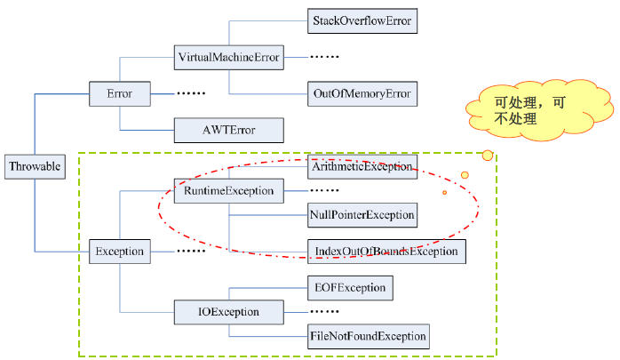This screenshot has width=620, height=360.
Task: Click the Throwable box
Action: [35, 165]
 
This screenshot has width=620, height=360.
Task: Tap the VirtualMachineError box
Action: [229, 59]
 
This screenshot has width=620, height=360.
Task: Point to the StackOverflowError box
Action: [362, 20]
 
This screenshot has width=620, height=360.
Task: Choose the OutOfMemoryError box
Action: [362, 93]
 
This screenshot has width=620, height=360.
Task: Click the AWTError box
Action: [229, 130]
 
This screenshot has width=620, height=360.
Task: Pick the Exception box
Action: [119, 252]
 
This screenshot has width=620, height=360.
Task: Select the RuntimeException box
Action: [229, 190]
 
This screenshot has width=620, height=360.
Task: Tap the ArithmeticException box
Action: [362, 165]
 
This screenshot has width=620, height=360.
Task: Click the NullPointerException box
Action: [362, 215]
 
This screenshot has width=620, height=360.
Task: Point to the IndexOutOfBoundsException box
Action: [386, 252]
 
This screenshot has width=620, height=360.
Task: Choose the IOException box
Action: [229, 312]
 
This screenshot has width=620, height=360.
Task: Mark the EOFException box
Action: [349, 288]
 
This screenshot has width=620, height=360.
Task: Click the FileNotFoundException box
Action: [367, 337]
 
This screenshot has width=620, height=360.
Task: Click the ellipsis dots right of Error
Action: [191, 93]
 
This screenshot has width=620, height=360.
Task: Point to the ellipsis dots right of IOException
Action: [324, 312]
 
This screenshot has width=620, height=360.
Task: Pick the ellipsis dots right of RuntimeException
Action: [324, 190]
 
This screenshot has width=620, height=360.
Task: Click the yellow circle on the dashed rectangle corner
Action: [487, 156]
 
